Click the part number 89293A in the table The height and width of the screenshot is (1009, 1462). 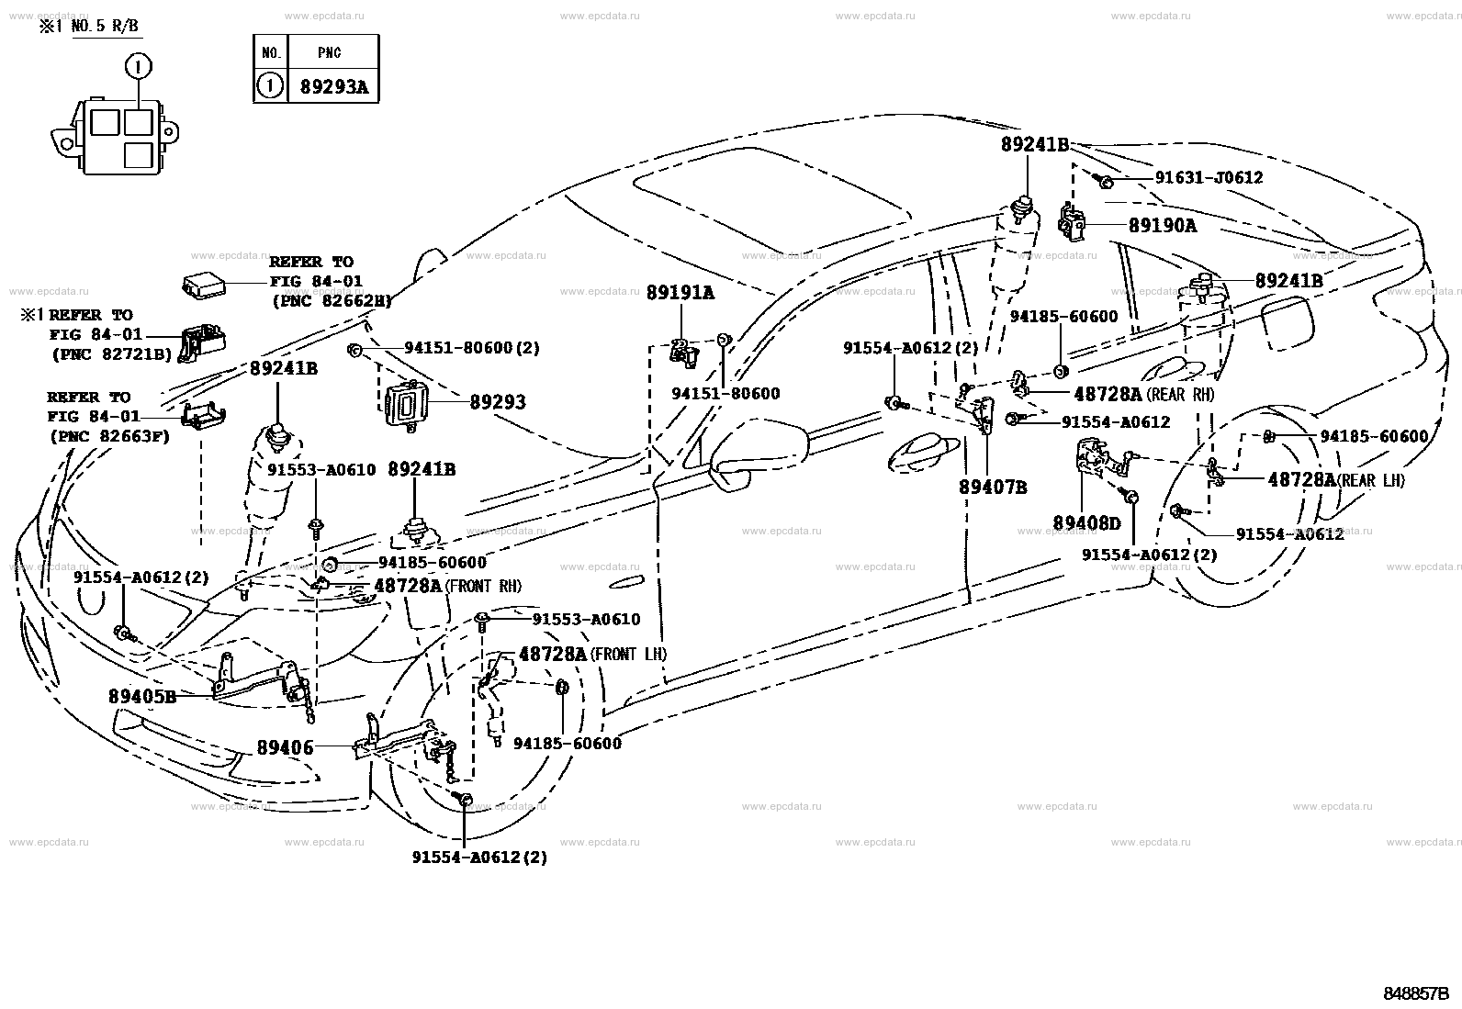334,87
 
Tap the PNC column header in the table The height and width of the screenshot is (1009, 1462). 330,53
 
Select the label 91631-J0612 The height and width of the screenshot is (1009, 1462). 1209,177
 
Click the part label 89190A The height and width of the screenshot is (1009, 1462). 1163,226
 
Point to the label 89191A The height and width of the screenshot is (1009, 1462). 680,293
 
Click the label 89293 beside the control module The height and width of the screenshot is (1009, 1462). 498,402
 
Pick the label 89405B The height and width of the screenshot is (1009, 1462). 142,697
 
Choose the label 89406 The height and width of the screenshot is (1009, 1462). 286,747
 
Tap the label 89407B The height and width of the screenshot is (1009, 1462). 993,487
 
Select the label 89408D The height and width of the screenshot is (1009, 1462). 1086,522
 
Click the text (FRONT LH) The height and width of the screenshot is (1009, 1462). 628,654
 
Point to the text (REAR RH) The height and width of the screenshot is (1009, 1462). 1180,394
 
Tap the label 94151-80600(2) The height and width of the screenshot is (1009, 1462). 472,348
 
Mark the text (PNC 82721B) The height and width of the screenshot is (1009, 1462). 112,354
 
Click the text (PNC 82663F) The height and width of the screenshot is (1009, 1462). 109,436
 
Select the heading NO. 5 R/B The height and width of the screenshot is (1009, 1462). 105,27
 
